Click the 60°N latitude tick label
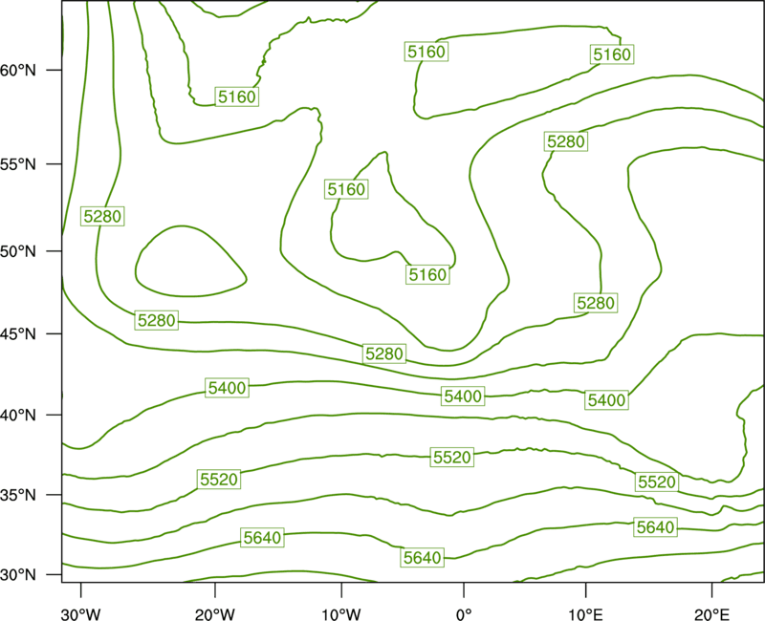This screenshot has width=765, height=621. tap(18, 71)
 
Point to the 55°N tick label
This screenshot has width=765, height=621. tap(18, 164)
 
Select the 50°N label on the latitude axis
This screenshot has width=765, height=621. tap(18, 251)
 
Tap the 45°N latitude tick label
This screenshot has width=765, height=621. tap(18, 334)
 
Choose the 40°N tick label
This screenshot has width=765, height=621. tap(18, 416)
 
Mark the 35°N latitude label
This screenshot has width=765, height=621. tap(18, 495)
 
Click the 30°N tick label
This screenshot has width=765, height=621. tap(18, 575)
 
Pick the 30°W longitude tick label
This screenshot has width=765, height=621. tap(81, 614)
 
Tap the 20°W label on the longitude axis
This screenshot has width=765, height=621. tap(215, 614)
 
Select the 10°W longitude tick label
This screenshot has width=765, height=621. tap(341, 614)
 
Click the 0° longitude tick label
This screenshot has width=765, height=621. tap(464, 614)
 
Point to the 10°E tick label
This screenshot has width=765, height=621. tap(585, 614)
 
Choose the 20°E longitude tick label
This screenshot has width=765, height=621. tap(711, 614)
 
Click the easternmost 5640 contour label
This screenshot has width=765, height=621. tap(655, 527)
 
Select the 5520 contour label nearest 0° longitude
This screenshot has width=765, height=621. tap(452, 458)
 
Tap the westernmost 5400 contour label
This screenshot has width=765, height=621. tap(228, 388)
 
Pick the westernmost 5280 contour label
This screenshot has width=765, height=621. tap(102, 216)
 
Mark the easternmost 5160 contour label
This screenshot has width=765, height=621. tap(612, 54)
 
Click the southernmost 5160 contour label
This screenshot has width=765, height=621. tap(427, 275)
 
